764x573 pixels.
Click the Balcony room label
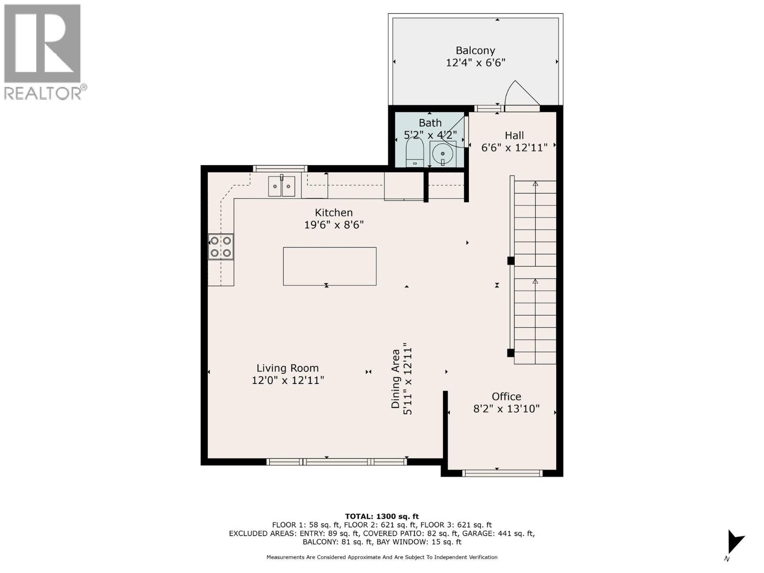click(x=475, y=51)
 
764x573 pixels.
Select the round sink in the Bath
click(x=443, y=153)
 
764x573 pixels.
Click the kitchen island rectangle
click(x=329, y=266)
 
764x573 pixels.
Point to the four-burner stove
click(x=221, y=247)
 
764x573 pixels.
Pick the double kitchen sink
click(x=282, y=186)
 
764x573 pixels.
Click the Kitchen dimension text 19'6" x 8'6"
click(x=334, y=225)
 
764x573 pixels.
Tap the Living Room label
click(x=287, y=368)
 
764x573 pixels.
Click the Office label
click(x=507, y=396)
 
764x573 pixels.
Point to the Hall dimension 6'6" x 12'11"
click(x=514, y=148)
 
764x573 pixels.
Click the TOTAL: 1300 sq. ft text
click(x=382, y=516)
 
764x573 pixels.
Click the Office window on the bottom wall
click(x=502, y=473)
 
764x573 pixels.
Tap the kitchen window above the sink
click(x=280, y=169)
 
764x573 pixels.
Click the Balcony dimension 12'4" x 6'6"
click(x=476, y=63)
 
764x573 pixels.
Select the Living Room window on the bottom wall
click(x=337, y=462)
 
